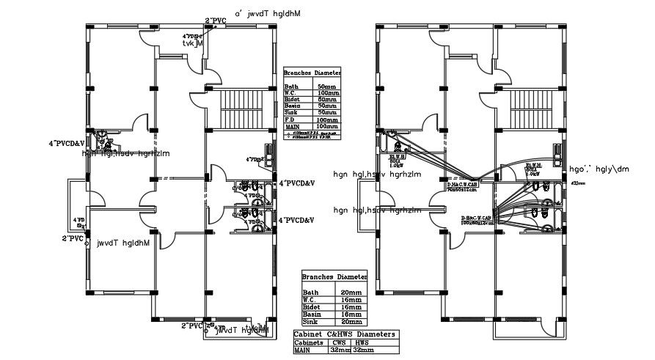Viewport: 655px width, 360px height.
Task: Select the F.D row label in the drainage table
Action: click(290, 120)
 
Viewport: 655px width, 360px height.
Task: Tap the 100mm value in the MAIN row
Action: click(328, 127)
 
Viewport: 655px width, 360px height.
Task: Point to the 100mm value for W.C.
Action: click(328, 94)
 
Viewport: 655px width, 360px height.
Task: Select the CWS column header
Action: click(340, 342)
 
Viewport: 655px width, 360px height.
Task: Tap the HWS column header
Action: click(362, 342)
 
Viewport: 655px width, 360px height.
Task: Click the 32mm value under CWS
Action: click(340, 350)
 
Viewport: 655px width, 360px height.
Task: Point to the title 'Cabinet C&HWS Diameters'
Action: click(344, 334)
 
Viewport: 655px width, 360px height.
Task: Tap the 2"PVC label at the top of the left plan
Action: click(214, 20)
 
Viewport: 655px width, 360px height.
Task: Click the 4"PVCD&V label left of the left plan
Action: click(67, 143)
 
